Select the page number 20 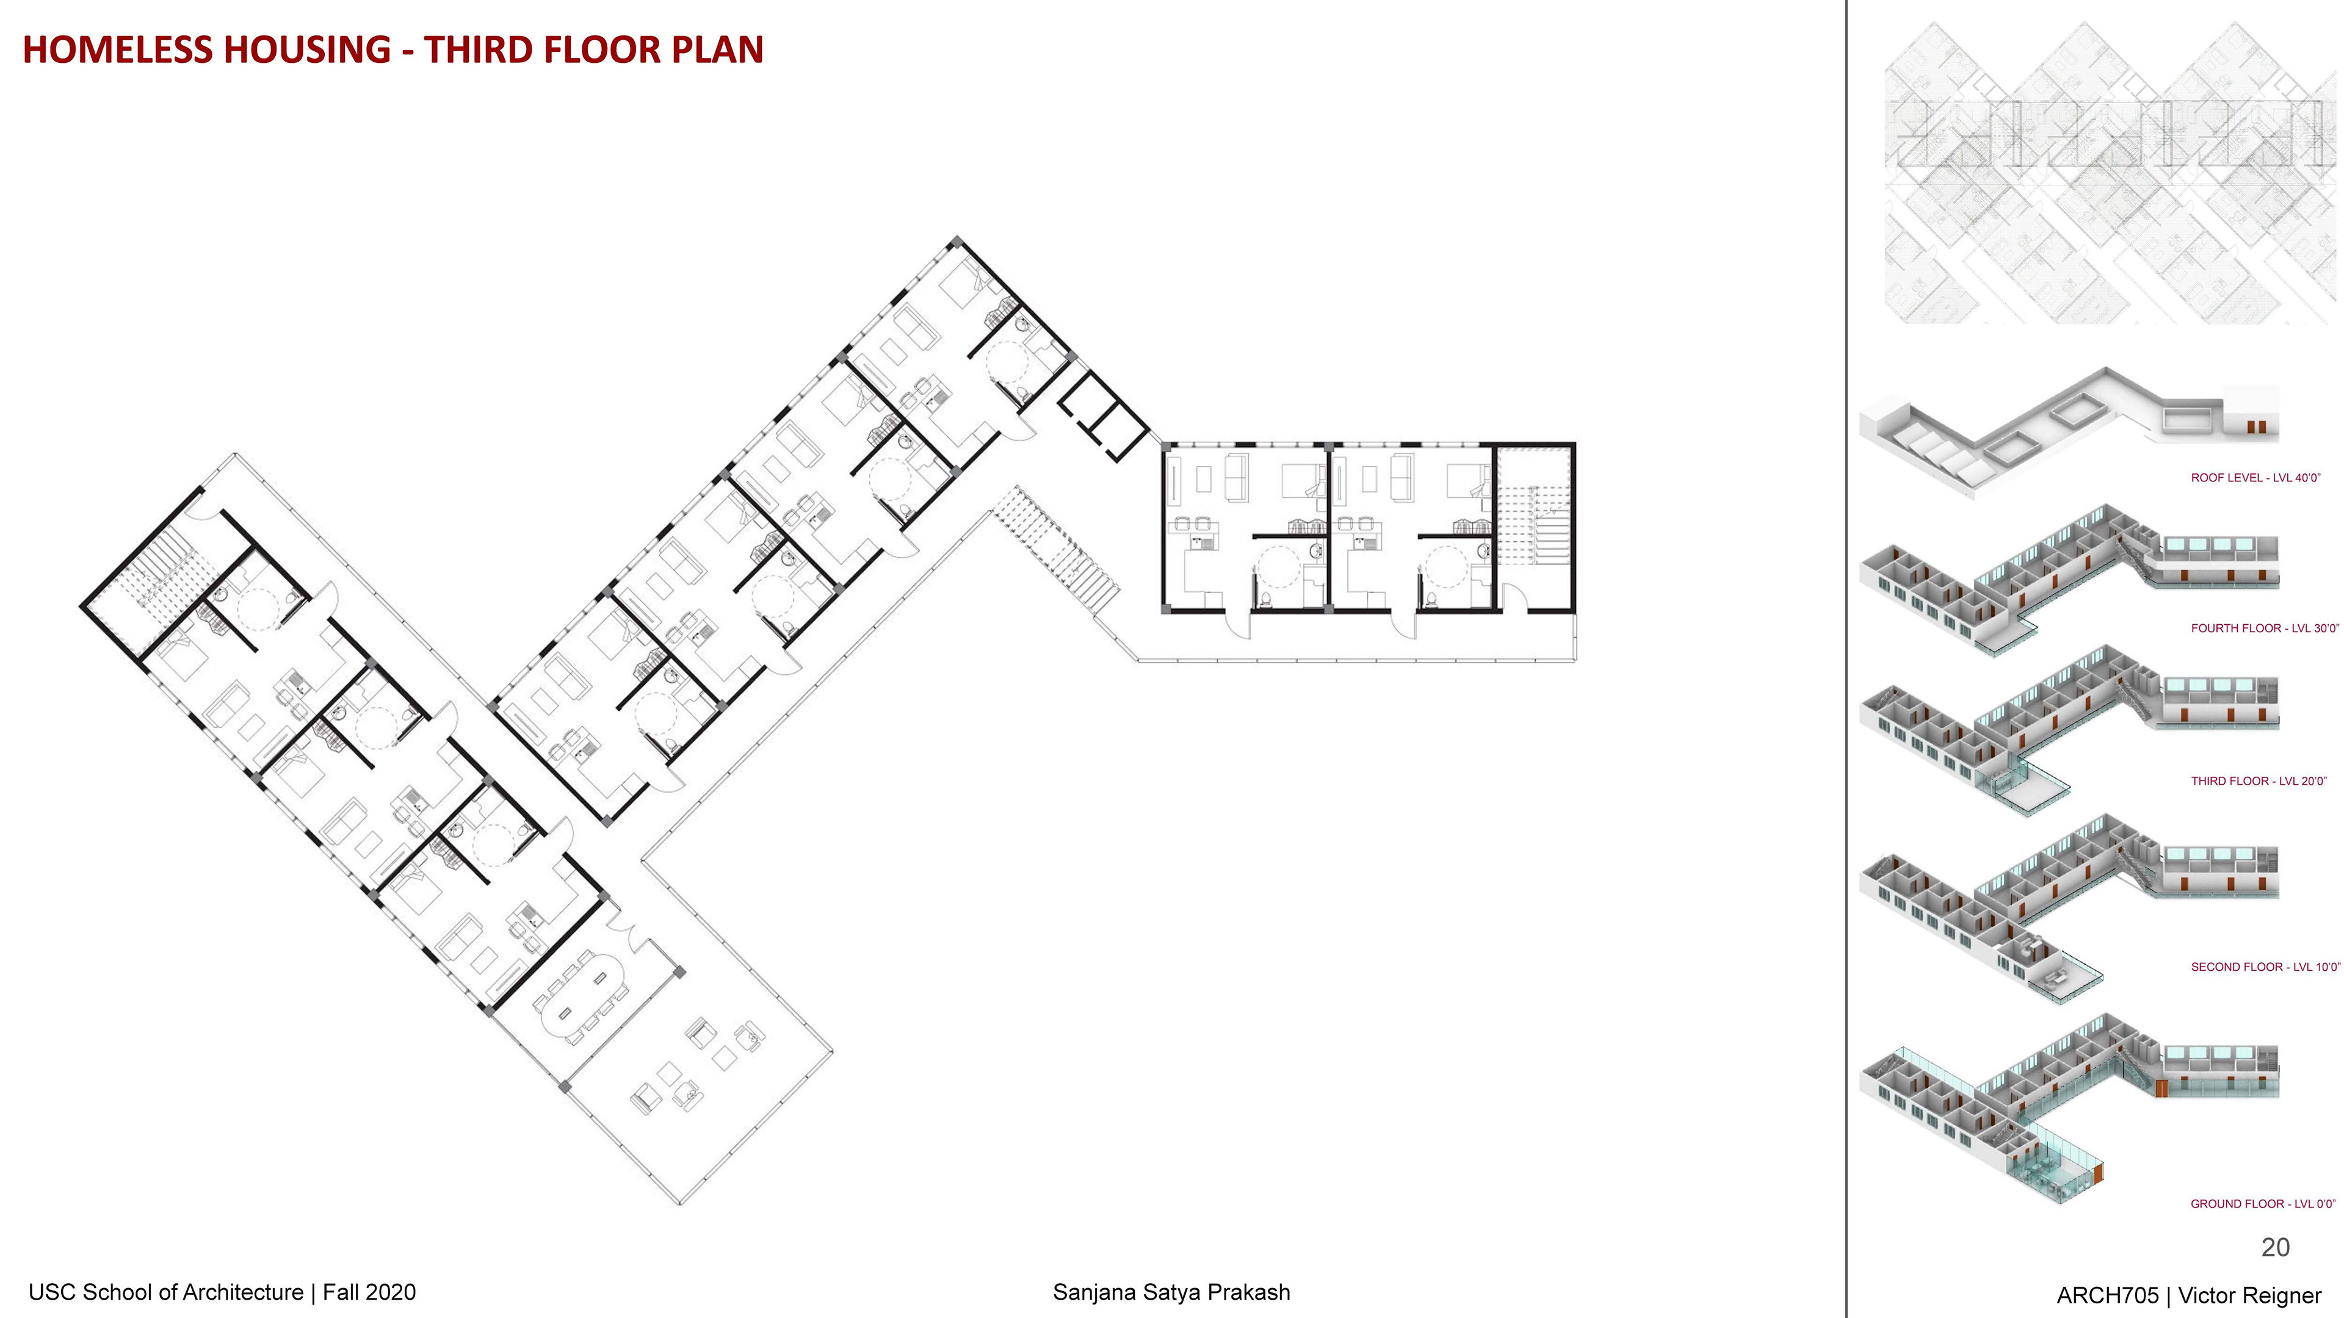(x=2275, y=1247)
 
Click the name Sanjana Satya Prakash (x=1171, y=1292)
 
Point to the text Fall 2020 (x=369, y=1292)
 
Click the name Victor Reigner (x=2250, y=1295)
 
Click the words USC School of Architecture (x=165, y=1292)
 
